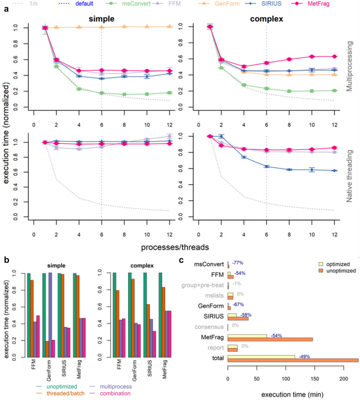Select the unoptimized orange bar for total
(293, 360)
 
